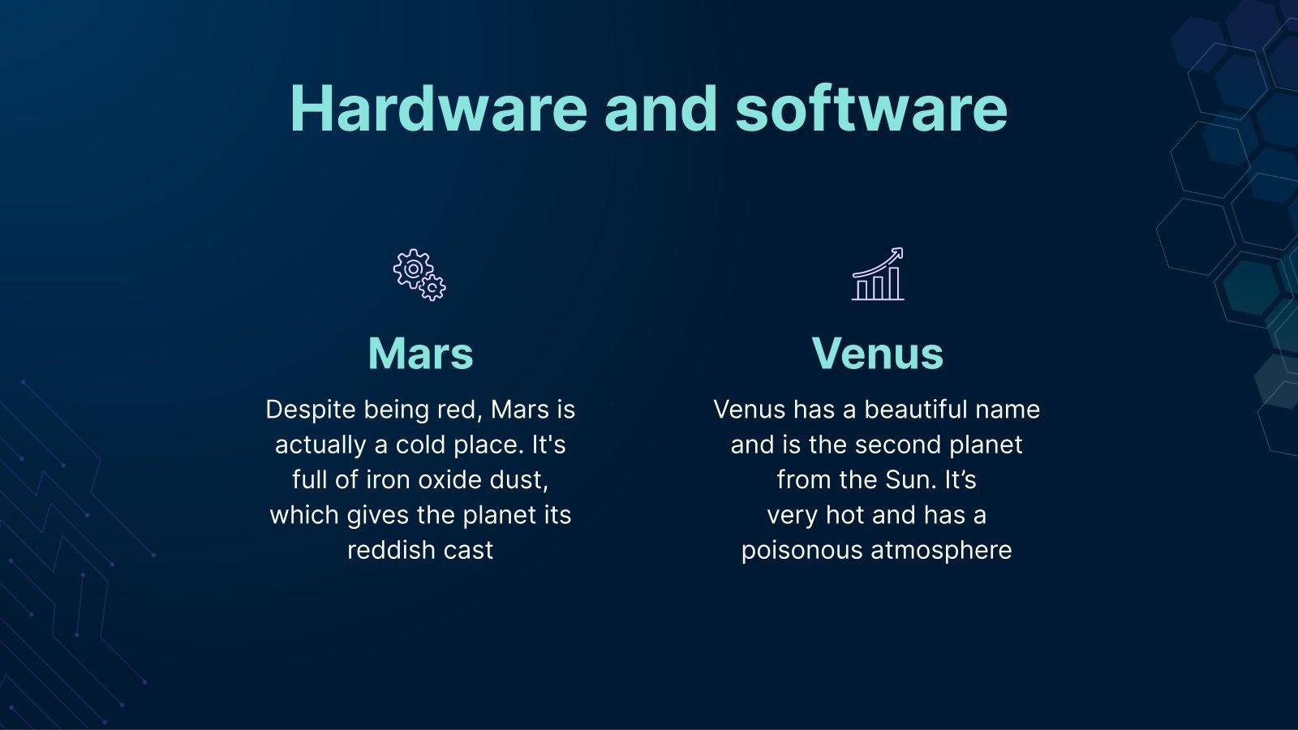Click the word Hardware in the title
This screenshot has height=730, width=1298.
click(439, 109)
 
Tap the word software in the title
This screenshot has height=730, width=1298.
click(871, 109)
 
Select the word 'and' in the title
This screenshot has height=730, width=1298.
click(661, 109)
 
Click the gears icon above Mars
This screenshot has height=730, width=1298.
click(419, 275)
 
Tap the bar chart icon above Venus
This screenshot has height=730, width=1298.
click(877, 274)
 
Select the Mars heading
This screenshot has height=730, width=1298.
click(421, 353)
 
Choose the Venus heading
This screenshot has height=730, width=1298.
click(877, 353)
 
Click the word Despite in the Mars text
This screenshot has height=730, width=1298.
click(311, 410)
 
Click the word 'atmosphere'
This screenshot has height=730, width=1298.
click(942, 551)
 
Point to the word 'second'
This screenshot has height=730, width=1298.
click(897, 445)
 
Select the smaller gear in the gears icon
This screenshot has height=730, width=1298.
click(432, 287)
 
